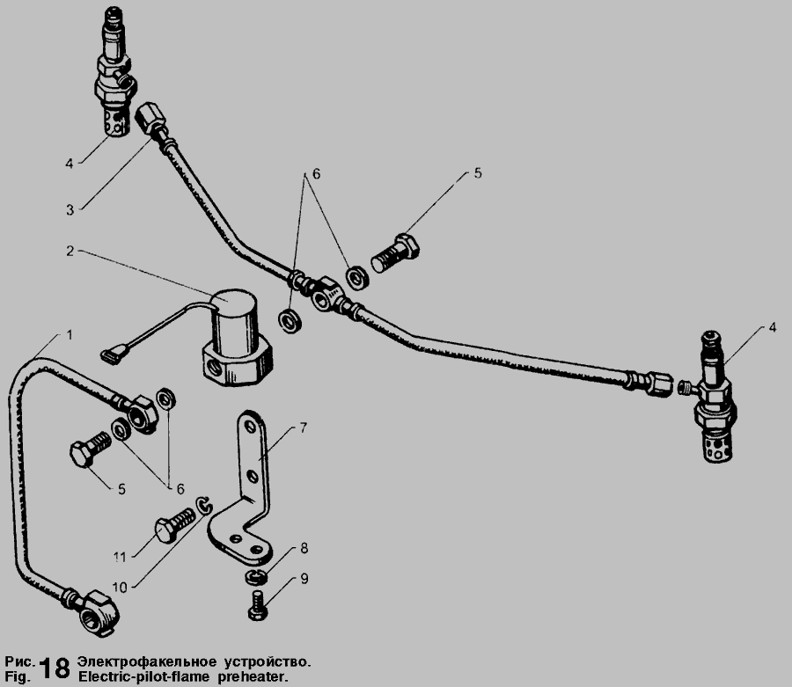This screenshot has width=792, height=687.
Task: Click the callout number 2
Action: pos(70,251)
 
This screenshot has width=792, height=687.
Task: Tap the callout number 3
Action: pos(70,210)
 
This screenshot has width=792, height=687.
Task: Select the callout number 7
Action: pos(303,428)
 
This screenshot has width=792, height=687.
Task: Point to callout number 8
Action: pos(304,548)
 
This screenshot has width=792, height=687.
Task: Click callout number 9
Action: pos(304,579)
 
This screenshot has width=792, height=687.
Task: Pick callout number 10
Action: pos(120,587)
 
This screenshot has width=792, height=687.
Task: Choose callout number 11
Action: pos(119,558)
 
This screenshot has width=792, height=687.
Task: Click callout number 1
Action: pos(70,335)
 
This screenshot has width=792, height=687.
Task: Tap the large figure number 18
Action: pos(55,669)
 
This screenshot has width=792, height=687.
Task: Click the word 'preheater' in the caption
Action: pos(253,677)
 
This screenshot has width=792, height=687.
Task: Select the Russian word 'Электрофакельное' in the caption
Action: pos(147,661)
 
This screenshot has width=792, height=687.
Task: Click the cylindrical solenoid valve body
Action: pos(236,337)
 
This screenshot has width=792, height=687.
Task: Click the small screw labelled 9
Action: pos(258,605)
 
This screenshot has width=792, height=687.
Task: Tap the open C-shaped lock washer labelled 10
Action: pos(204,506)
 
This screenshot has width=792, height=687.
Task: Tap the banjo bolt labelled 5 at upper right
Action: pos(395,254)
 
